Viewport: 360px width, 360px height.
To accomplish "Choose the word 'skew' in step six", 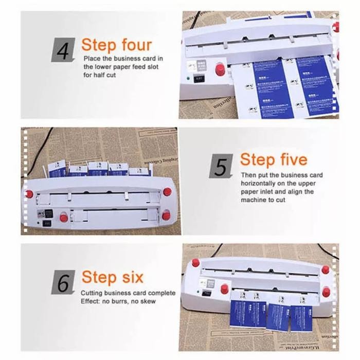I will pos(148,301).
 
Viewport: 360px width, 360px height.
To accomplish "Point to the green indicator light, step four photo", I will pos(190,79).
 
